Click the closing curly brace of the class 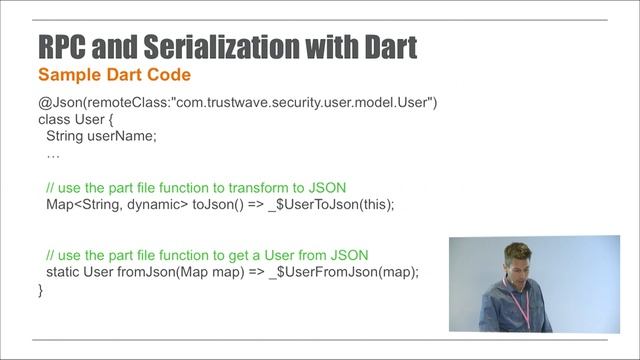[x=41, y=290]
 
